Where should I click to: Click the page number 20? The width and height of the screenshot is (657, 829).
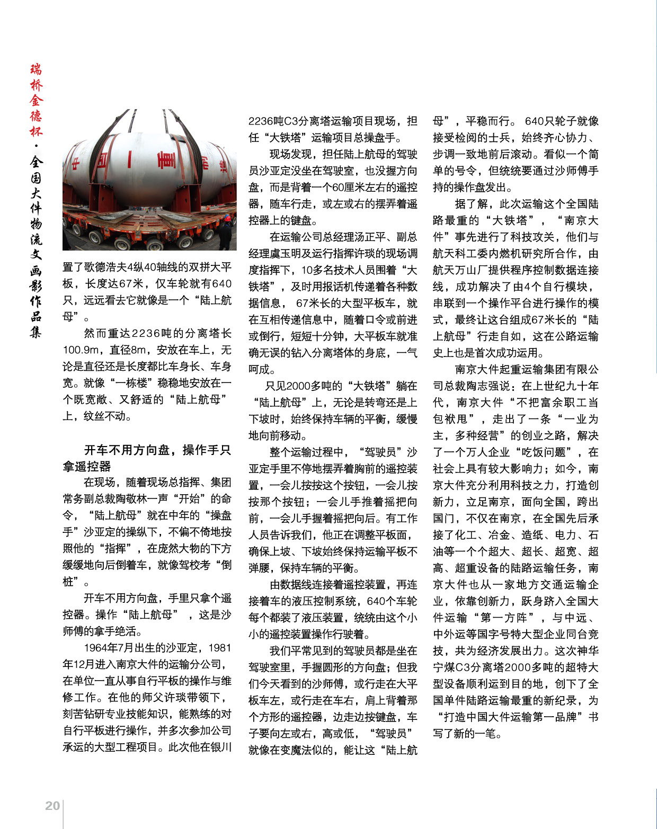(52, 806)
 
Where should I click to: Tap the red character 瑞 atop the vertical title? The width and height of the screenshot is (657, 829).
(36, 69)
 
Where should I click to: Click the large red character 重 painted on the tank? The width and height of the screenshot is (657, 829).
(166, 159)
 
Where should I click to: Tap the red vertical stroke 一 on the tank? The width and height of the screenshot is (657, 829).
(129, 159)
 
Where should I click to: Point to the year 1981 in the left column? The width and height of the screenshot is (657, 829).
(220, 648)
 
